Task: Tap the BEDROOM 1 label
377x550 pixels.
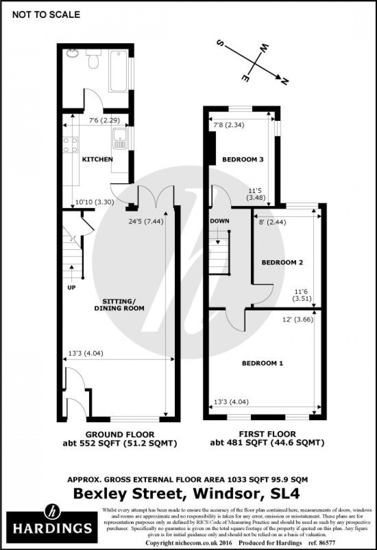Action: (x=262, y=363)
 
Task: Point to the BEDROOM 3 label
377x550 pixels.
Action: (x=243, y=160)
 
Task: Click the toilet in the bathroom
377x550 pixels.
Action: (x=94, y=60)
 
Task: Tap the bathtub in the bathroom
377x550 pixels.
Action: (x=118, y=71)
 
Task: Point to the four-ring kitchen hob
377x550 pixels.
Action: (x=70, y=145)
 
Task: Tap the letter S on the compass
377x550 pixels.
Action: (x=220, y=44)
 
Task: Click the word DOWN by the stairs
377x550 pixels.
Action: (x=220, y=221)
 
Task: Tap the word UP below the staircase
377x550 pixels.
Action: (x=71, y=287)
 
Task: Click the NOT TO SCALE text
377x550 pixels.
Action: (x=46, y=15)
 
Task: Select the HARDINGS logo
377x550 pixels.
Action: (x=52, y=523)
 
